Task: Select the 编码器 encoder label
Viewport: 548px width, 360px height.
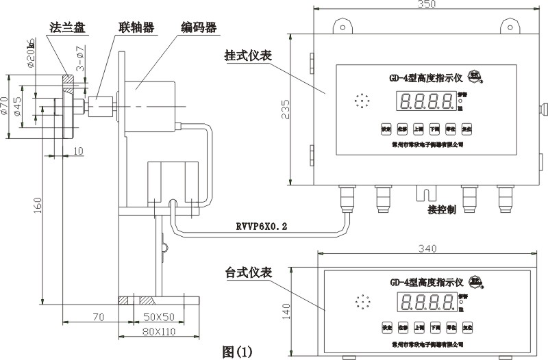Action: (199, 28)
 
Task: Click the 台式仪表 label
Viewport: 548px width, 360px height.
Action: (249, 272)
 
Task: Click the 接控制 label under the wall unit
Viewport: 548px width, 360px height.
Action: (441, 209)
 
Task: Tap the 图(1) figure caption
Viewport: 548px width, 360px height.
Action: (238, 352)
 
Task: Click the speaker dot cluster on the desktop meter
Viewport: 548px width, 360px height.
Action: (361, 300)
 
